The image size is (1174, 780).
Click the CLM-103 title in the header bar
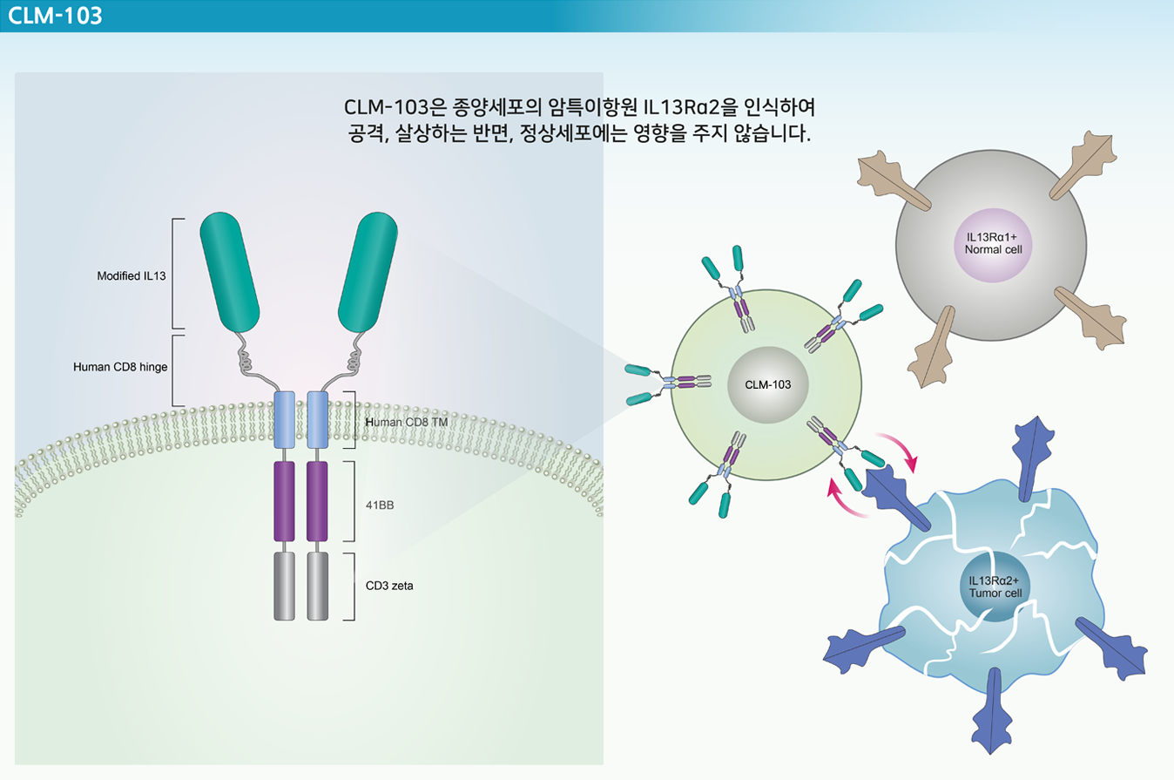pyautogui.click(x=55, y=16)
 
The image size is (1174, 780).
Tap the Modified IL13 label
pyautogui.click(x=131, y=276)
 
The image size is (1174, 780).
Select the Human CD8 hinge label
pyautogui.click(x=120, y=367)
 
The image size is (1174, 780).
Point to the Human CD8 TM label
pyautogui.click(x=406, y=423)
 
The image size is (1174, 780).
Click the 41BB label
pyautogui.click(x=380, y=505)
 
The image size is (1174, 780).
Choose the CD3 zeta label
pyautogui.click(x=389, y=586)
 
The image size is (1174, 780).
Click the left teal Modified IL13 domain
pyautogui.click(x=230, y=272)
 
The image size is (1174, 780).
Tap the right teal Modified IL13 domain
pyautogui.click(x=368, y=272)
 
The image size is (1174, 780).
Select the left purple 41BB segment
pyautogui.click(x=284, y=501)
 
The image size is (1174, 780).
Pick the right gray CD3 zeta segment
pyautogui.click(x=318, y=586)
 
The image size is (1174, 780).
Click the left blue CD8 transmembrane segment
pyautogui.click(x=284, y=420)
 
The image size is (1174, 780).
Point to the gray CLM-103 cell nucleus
pyautogui.click(x=768, y=384)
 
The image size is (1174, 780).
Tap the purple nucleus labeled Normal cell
pyautogui.click(x=993, y=245)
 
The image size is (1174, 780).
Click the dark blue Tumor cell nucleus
pyautogui.click(x=995, y=587)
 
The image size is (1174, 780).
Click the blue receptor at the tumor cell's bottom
pyautogui.click(x=992, y=711)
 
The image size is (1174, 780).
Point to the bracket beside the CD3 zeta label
pyautogui.click(x=351, y=587)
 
